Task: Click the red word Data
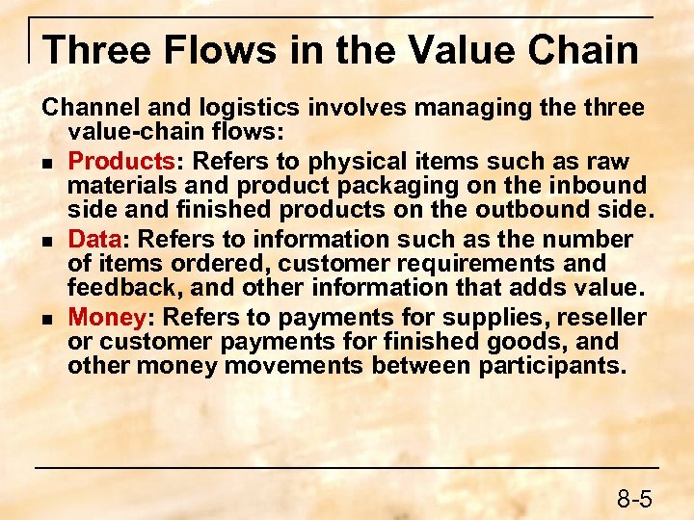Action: (93, 239)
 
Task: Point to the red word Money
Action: (104, 317)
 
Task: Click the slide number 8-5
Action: (634, 498)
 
